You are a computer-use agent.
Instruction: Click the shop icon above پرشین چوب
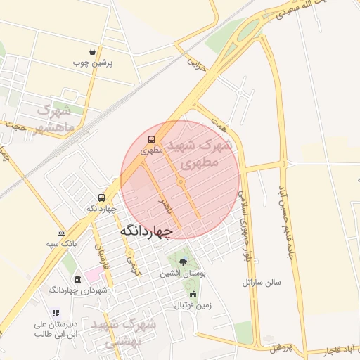coord(93,51)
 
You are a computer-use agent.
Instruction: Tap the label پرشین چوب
coord(93,63)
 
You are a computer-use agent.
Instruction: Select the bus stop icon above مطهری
coord(152,139)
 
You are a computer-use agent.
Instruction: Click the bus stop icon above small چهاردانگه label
coord(102,198)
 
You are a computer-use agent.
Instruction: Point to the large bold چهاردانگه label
coord(146,231)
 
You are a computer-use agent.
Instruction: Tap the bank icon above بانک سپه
coord(61,233)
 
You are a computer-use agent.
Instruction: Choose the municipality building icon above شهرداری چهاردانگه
coord(77,279)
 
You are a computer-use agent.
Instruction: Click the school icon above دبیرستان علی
coord(56,313)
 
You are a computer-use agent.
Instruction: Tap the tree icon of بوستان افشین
coord(184,262)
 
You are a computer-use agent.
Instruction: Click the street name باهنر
coord(165,205)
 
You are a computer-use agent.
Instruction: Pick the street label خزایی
coord(198,65)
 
